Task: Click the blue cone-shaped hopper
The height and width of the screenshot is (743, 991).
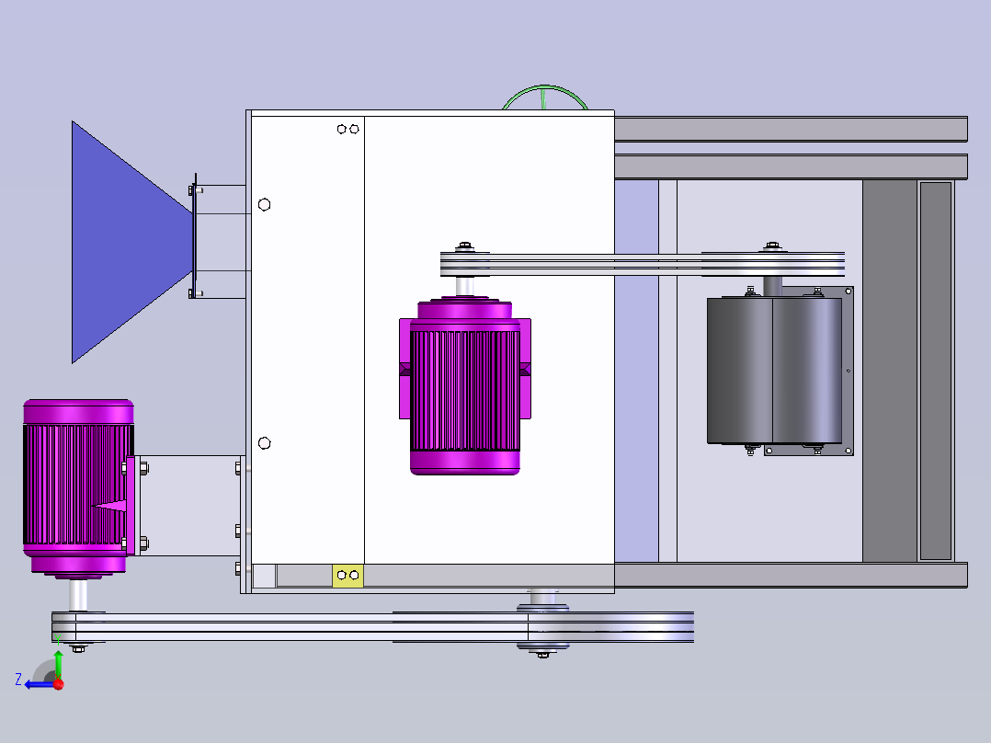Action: (127, 242)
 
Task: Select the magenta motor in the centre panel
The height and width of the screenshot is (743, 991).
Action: (465, 385)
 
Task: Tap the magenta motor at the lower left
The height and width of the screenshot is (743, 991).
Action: (78, 486)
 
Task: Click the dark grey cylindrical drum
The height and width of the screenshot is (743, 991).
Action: (774, 371)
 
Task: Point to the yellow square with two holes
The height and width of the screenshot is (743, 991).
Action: (347, 576)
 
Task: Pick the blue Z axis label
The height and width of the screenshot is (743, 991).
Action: (18, 680)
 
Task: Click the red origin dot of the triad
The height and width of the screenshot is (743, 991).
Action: (59, 684)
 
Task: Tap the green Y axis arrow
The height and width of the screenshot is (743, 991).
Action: (58, 663)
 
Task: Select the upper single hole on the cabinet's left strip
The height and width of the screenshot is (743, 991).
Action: (264, 204)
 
